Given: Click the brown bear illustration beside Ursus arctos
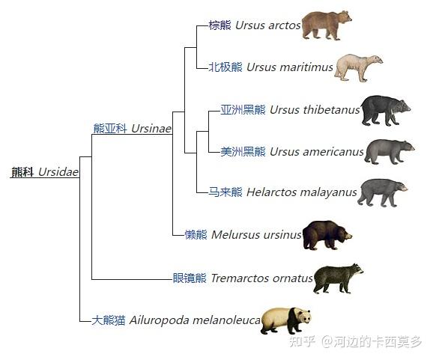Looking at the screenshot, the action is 326,25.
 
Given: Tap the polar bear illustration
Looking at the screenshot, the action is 358,67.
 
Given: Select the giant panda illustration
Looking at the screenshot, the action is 286,320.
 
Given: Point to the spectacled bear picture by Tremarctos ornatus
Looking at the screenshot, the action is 338,278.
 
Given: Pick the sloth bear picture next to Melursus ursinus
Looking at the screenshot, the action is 327,235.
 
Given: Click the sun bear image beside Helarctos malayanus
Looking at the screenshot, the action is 382,192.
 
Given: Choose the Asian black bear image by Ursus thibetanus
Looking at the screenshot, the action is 386,110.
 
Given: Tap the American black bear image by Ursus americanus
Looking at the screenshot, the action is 390,152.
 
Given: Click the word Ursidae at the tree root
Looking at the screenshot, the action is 58,172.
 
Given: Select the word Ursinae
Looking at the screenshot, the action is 151,129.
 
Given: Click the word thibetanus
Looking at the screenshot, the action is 331,110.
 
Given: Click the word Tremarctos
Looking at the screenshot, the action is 240,278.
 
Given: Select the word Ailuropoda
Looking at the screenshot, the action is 160,320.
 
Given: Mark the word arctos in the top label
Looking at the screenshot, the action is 284,25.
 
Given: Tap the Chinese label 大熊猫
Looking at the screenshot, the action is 108,320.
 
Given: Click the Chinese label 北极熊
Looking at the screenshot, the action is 225,67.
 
